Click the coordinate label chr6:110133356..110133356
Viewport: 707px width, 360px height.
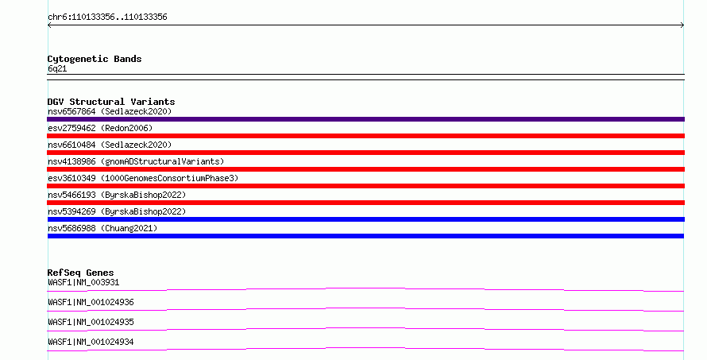[107, 17]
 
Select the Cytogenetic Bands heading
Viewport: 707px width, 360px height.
[95, 59]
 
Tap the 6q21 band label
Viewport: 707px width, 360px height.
[57, 69]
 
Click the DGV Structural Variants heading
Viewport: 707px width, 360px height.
[111, 102]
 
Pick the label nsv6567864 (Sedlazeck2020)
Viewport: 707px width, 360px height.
[110, 111]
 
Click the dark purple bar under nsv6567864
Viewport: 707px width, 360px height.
[365, 119]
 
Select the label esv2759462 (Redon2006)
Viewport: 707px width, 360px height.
[100, 128]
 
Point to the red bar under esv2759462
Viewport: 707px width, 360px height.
[365, 136]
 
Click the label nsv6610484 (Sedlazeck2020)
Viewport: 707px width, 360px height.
[110, 145]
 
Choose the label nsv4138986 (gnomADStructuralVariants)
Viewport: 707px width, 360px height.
[136, 161]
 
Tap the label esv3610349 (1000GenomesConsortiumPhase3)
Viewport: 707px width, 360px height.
[143, 178]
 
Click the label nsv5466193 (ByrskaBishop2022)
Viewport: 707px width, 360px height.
[117, 195]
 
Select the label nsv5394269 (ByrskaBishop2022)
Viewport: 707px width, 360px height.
[117, 211]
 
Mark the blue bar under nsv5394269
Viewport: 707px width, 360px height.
[365, 219]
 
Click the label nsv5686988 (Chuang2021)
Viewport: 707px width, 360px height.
[102, 228]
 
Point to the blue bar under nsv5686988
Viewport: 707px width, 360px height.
[365, 236]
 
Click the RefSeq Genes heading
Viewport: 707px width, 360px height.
[80, 273]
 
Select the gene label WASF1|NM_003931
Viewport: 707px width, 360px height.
[83, 282]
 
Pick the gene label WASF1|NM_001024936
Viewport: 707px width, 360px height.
[91, 302]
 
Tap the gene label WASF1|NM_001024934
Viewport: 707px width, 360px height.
[91, 342]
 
